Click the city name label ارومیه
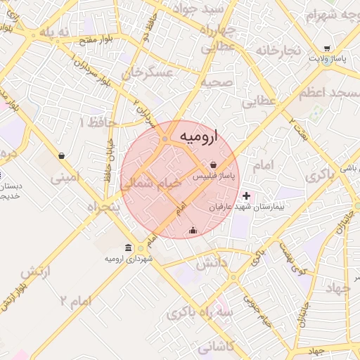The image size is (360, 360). (199, 135)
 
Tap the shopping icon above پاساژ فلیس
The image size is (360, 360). (212, 165)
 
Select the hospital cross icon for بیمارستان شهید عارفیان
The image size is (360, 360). (245, 195)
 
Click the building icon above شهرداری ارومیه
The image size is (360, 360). (128, 247)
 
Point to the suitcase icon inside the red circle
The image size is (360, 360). (193, 230)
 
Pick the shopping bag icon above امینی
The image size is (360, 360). (62, 156)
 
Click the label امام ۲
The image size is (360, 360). (76, 301)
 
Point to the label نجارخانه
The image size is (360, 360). (278, 51)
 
